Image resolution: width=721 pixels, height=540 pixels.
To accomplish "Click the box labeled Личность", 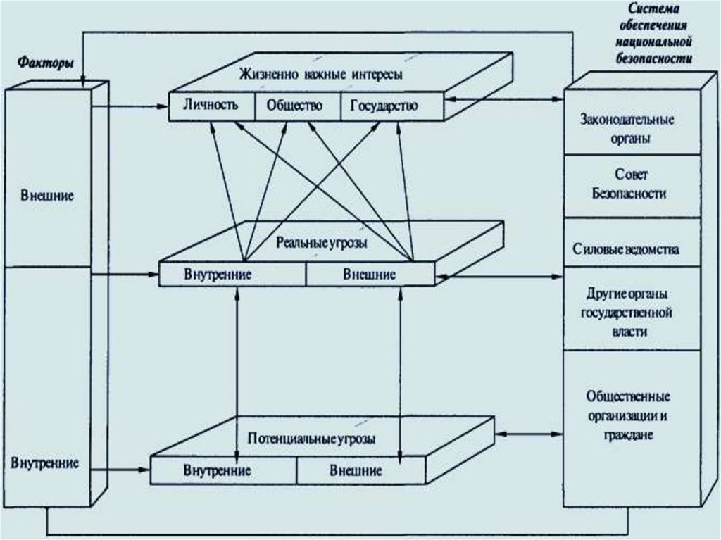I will tap(209, 106).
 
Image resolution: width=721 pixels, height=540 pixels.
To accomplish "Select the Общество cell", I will tap(294, 106).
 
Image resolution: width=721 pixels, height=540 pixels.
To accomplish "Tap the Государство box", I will tap(383, 107).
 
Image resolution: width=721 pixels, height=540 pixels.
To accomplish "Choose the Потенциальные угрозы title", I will tap(311, 438).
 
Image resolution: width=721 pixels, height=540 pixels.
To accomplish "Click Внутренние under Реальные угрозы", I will tap(218, 274).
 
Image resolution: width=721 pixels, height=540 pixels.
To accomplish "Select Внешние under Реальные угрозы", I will tap(369, 274).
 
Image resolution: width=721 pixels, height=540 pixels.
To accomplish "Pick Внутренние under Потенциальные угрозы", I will tap(218, 470).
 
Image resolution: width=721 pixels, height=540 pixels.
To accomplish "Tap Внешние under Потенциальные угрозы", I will tap(356, 470).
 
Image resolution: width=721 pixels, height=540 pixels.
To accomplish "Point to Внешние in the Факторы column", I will tap(47, 195).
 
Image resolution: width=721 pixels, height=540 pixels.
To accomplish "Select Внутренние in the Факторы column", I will tap(44, 464).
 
